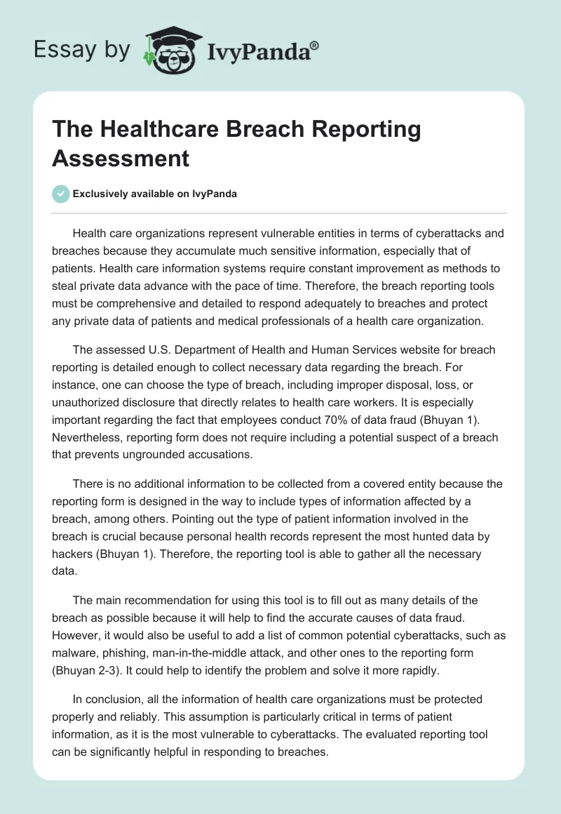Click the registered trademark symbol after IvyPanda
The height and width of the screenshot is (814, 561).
pos(315,45)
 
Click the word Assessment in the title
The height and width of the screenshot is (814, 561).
pos(121,158)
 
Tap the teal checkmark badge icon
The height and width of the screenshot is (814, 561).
pos(60,194)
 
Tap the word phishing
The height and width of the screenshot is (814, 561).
pos(127,652)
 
